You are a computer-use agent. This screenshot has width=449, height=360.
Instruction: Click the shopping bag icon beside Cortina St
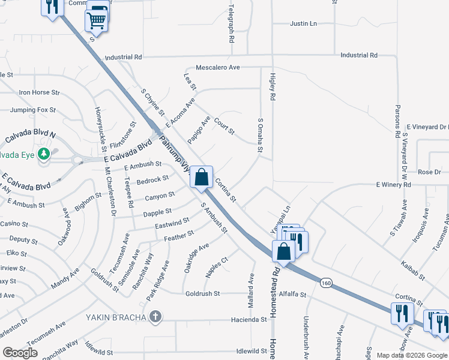pos(202,176)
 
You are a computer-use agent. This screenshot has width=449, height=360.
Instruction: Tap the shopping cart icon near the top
pos(96,20)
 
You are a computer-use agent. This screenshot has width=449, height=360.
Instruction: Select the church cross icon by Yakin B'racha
pos(155,316)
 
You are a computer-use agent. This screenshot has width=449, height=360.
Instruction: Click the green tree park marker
pos(43,155)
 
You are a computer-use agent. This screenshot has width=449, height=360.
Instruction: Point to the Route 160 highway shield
pos(326,283)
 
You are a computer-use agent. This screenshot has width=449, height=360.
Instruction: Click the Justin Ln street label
pos(303,24)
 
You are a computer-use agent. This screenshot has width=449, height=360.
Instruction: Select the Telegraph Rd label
pos(231,24)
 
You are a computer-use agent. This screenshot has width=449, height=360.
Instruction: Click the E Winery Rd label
pos(394,185)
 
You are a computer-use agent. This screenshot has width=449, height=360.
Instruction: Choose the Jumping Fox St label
pos(32,110)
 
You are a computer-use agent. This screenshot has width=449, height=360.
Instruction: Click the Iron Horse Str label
pos(40,92)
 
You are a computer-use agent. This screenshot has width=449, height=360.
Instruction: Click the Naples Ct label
pos(217,267)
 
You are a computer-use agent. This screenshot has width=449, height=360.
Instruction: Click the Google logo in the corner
pos(20,353)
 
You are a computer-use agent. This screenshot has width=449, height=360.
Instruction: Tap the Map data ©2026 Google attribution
pos(412,355)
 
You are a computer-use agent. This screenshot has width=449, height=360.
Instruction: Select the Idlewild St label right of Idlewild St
pos(252,351)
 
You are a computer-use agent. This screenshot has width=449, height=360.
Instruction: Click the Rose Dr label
pos(429,172)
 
